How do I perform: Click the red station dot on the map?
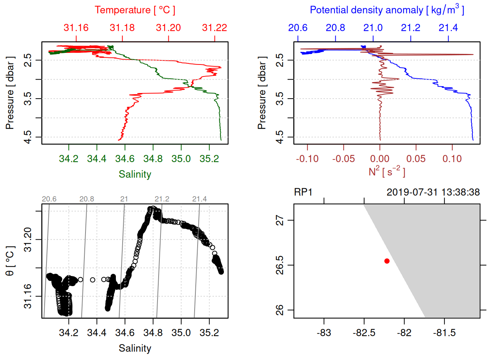pos(387,261)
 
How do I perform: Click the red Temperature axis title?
pos(135,10)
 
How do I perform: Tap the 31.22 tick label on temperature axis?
pos(214,28)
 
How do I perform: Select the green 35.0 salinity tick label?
pos(181,159)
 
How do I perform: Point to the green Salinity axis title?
pos(135,174)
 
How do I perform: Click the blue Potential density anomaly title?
pos(387,10)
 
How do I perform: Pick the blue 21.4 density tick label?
pos(448,28)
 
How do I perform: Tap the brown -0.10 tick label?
pos(307,159)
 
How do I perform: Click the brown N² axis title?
pos(387,172)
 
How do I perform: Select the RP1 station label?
pos(303,192)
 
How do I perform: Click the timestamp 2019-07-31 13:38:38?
pos(433,192)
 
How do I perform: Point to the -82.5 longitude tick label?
pos(364,333)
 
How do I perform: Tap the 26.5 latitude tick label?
pos(280,265)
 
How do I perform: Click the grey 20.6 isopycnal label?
pos(49,199)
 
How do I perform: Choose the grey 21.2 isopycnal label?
pos(162,199)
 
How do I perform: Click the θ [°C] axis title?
pos(10,261)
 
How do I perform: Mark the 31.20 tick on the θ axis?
pos(28,239)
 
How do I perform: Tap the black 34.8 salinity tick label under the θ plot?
pos(153,333)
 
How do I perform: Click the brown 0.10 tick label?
pos(452,159)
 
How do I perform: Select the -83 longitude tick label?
pos(324,333)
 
